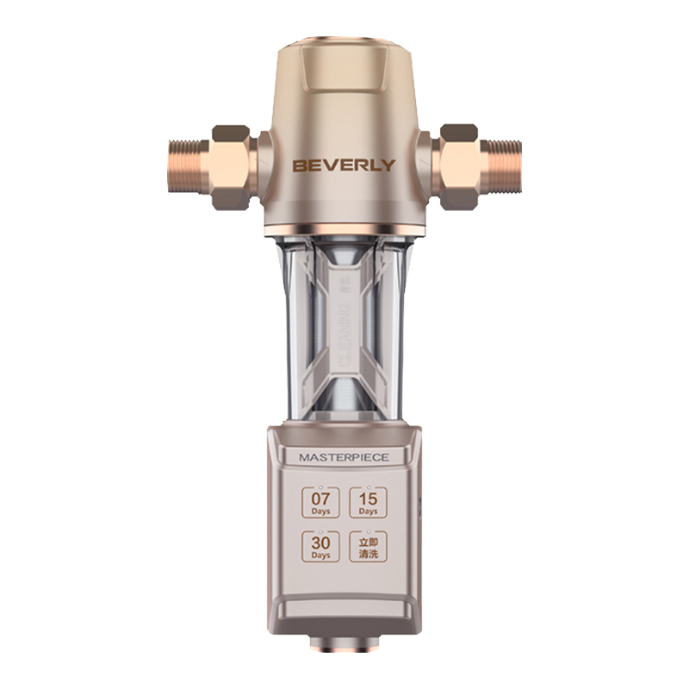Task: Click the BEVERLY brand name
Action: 344,164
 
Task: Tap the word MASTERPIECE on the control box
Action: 344,457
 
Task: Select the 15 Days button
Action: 369,503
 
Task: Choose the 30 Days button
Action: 320,547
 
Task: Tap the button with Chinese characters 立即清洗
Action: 369,547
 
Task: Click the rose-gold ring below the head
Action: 344,230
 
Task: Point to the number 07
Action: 320,498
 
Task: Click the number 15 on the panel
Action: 369,498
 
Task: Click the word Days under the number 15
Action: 369,512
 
